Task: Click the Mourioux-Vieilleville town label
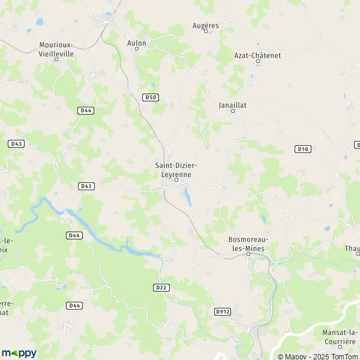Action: [56, 48]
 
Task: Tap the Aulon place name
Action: [136, 43]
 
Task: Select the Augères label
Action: [206, 26]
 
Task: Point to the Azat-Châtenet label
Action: [257, 55]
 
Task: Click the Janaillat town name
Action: [232, 104]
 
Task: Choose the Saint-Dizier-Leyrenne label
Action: [176, 169]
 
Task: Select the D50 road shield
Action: [151, 97]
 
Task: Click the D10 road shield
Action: [303, 149]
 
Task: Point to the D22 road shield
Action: [160, 287]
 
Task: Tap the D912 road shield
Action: [223, 311]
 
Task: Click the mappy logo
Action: [19, 353]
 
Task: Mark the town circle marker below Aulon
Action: [136, 49]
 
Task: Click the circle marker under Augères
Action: [206, 31]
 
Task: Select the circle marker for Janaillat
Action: [233, 110]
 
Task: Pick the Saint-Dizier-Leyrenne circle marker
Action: [176, 179]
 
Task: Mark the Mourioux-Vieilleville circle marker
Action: [56, 59]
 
